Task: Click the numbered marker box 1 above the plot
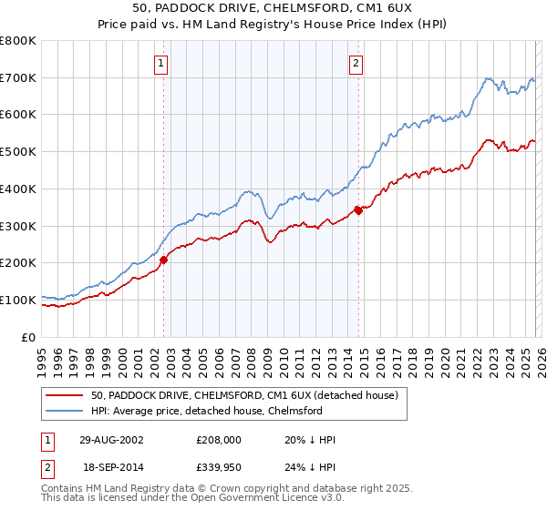tap(161, 63)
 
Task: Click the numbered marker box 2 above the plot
tap(355, 63)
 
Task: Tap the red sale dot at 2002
tap(164, 260)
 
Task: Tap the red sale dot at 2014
tap(358, 210)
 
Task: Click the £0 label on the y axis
tap(28, 337)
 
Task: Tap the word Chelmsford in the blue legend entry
tap(293, 411)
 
